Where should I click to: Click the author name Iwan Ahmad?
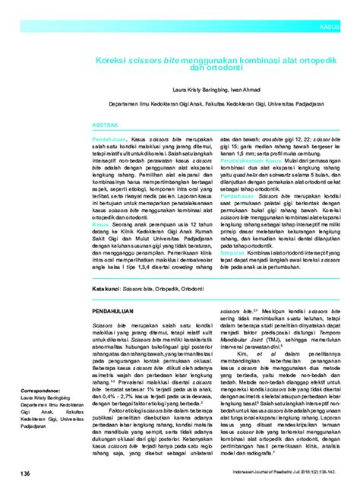pyautogui.click(x=248, y=89)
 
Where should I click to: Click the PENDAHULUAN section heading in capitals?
pyautogui.click(x=114, y=312)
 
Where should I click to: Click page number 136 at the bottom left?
pyautogui.click(x=26, y=473)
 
